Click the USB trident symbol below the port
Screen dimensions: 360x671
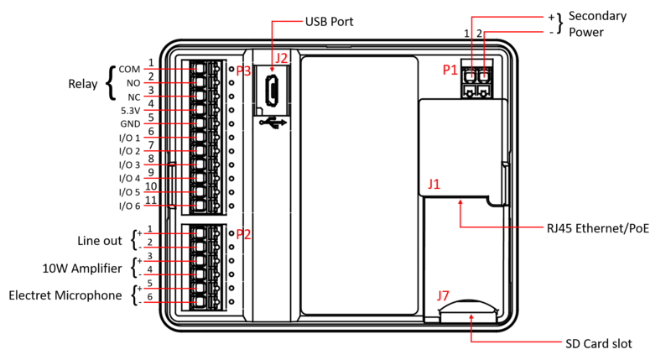273,123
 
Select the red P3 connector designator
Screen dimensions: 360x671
243,71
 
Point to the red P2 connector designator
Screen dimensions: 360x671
243,234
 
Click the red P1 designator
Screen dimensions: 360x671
451,71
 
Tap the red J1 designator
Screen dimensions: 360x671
435,183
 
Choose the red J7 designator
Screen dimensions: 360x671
445,295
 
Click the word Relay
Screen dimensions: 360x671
83,84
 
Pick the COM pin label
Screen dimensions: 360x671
129,69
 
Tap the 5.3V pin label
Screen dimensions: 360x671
130,110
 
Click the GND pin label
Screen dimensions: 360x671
130,123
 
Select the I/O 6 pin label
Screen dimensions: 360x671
129,206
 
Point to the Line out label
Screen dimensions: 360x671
101,241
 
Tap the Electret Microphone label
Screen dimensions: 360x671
66,295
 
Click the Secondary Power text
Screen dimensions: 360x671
596,25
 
